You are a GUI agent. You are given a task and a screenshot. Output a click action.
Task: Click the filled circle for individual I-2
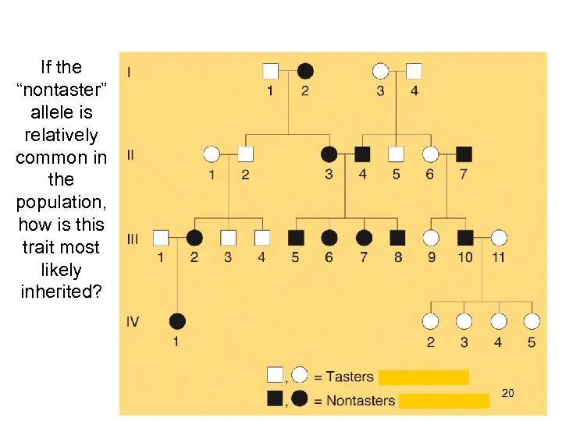(x=305, y=71)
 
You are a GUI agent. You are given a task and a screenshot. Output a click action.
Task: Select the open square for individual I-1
(x=270, y=71)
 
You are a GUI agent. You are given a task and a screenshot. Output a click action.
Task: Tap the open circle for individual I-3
(x=380, y=71)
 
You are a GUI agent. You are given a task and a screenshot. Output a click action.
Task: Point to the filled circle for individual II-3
(x=329, y=154)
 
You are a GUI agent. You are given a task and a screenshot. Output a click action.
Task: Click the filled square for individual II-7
(x=464, y=154)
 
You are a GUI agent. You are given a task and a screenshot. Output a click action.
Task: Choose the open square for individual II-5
(x=397, y=154)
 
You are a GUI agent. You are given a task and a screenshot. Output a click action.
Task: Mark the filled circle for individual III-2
(x=194, y=237)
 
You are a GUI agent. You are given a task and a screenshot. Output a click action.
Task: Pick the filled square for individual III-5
(x=295, y=237)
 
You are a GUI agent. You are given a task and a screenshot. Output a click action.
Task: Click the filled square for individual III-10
(x=465, y=237)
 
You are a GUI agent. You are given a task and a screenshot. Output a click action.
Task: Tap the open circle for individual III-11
(x=499, y=237)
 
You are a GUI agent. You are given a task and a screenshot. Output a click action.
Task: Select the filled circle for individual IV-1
(x=177, y=320)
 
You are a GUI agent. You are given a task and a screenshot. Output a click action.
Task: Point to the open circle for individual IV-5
(x=532, y=320)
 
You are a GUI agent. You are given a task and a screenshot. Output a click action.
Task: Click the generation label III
(x=132, y=239)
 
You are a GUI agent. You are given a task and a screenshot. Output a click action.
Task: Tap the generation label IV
(x=133, y=320)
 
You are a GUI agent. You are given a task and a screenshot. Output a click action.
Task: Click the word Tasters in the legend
(x=350, y=377)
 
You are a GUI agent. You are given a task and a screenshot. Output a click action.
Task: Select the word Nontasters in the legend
(x=360, y=401)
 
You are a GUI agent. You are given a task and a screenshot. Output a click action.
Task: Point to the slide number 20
(x=507, y=394)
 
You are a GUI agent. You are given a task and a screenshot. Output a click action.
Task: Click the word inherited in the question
(x=59, y=292)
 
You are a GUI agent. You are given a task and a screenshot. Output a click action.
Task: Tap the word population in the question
(x=59, y=202)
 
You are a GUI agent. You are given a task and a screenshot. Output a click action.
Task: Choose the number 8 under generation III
(x=398, y=256)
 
